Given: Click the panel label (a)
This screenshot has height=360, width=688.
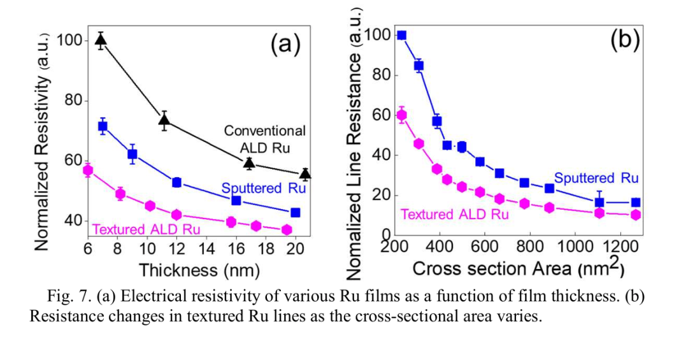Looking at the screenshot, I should (x=285, y=45).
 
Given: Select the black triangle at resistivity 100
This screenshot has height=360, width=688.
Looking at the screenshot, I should (x=101, y=41).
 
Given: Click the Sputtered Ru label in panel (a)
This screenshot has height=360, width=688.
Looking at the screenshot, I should (x=260, y=188).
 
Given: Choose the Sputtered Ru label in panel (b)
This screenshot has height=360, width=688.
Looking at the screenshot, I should (x=596, y=178).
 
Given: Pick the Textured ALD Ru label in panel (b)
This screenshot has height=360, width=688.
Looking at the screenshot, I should (x=454, y=215).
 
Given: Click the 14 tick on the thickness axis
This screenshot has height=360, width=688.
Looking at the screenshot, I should (x=207, y=248).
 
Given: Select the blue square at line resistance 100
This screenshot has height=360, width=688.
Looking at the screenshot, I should (x=401, y=35).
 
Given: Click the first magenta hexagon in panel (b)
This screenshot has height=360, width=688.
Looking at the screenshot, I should (x=401, y=115).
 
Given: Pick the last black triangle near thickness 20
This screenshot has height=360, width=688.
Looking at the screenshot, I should (x=306, y=173).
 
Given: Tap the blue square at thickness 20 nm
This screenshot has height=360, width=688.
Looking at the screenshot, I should (x=295, y=212).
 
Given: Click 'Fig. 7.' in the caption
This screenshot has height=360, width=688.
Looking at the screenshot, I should (x=69, y=298).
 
